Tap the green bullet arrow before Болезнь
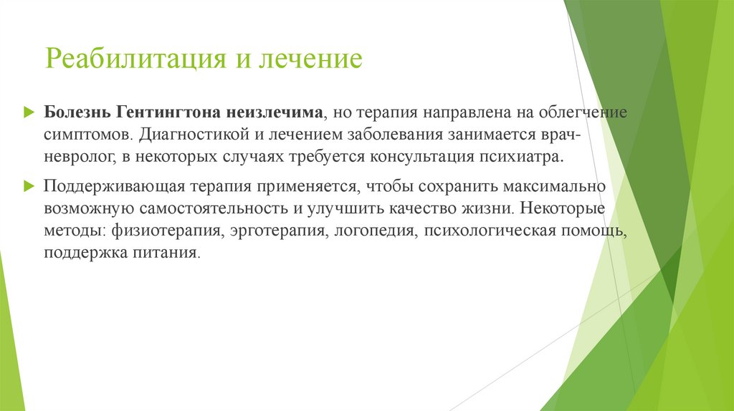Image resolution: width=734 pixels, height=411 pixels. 29,113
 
